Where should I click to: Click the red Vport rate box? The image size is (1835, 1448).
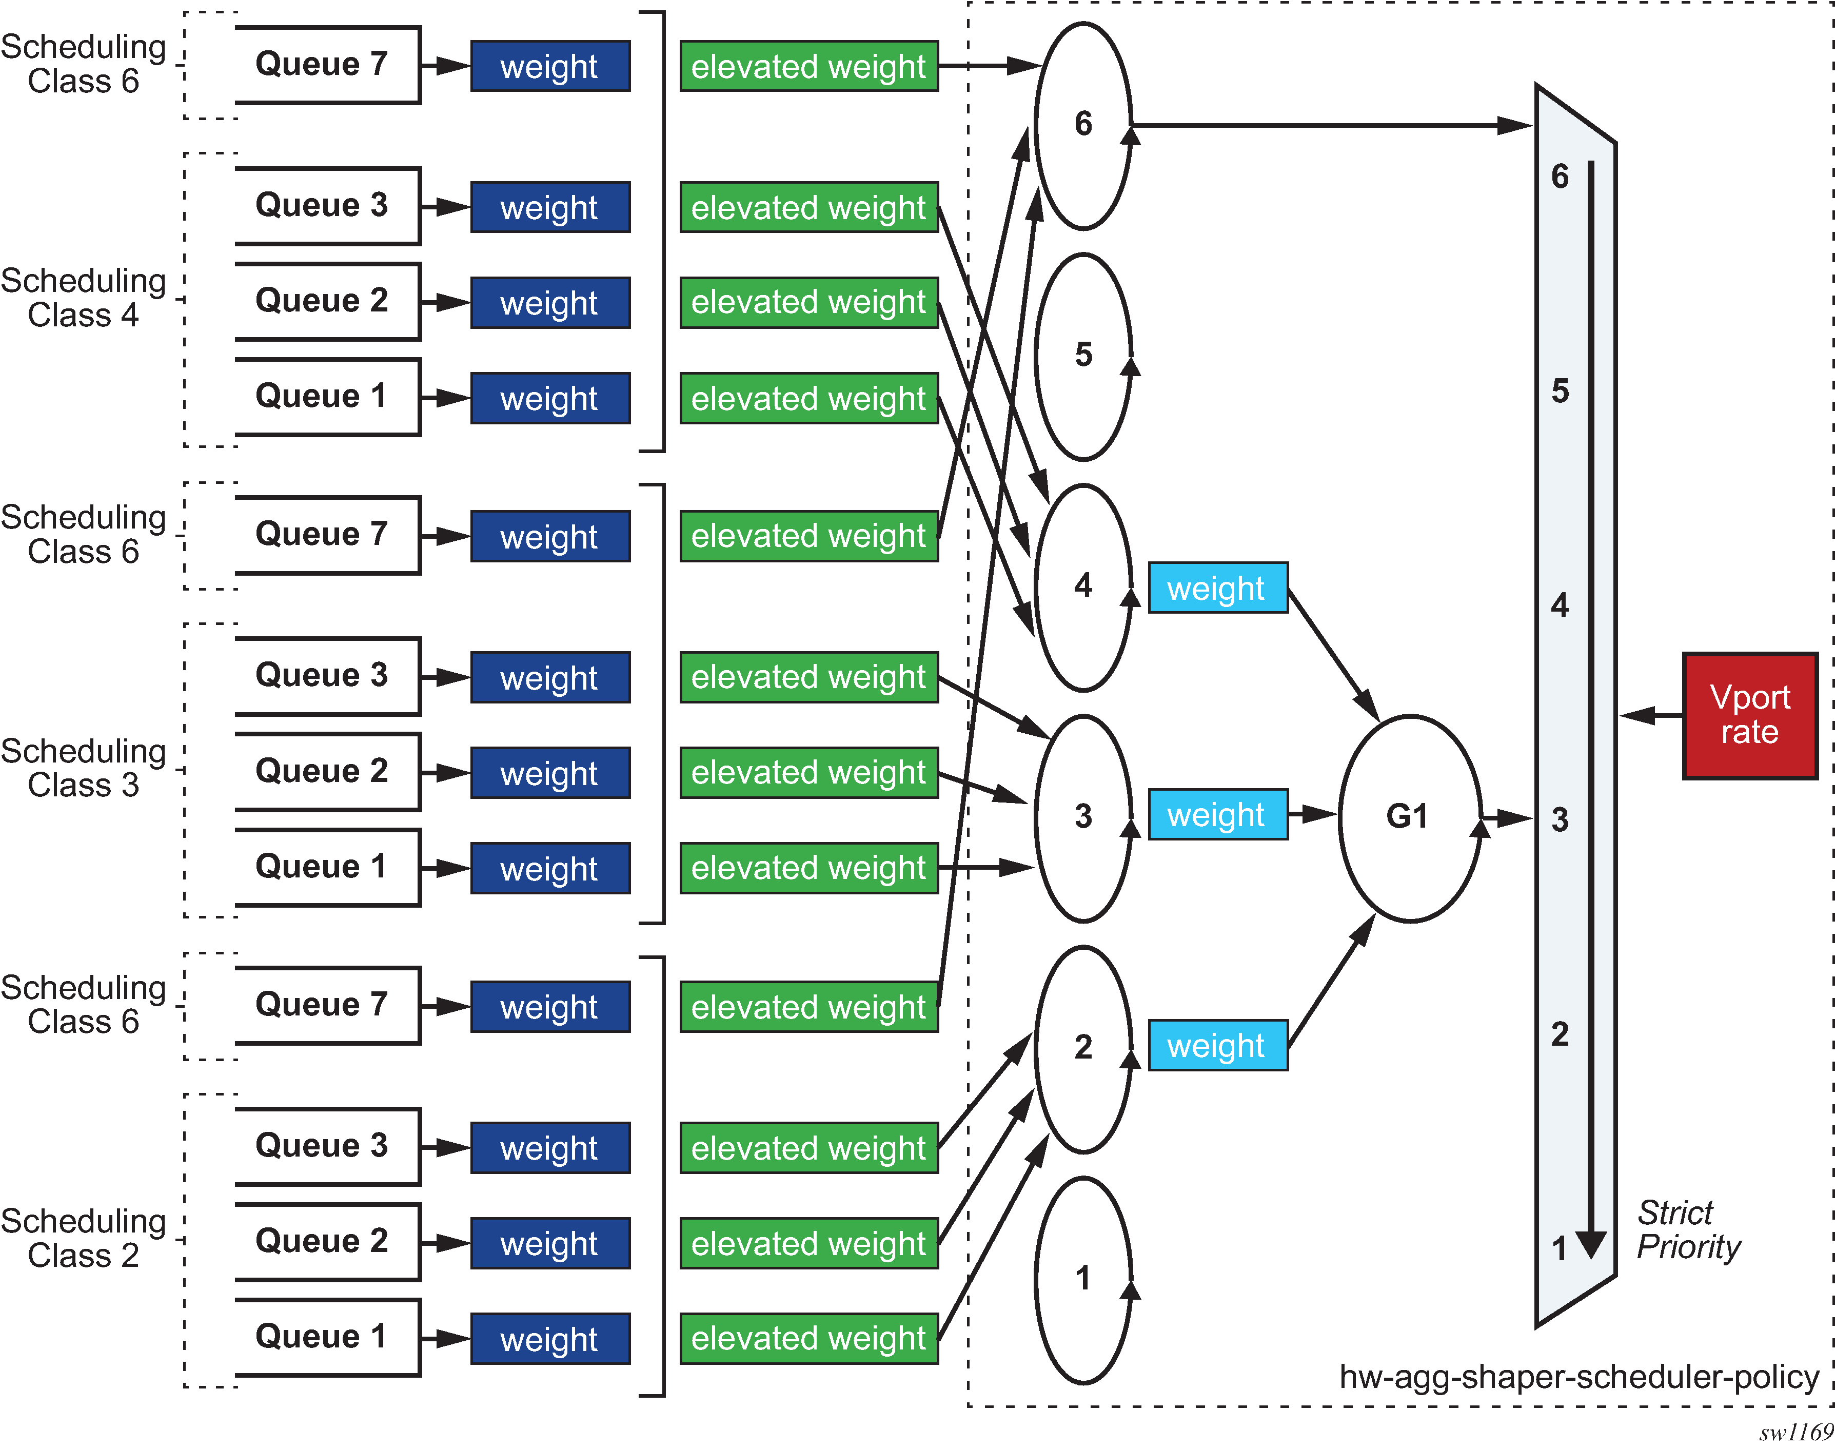pos(1749,715)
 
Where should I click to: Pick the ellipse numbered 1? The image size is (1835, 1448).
pos(1083,1279)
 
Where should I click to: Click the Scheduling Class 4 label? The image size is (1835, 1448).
pos(83,298)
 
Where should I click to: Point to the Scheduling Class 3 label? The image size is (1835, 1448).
pos(83,768)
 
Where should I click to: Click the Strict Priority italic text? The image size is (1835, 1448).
pos(1687,1229)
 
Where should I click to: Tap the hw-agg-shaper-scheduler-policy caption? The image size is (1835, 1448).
pos(1578,1377)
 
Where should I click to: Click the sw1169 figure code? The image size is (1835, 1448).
pos(1795,1433)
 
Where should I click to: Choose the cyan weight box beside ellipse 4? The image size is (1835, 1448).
pos(1217,588)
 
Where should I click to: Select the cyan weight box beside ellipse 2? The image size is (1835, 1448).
pos(1217,1045)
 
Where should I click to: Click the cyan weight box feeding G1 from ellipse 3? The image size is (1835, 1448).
pos(1217,815)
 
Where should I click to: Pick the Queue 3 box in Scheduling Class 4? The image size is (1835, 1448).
pos(326,205)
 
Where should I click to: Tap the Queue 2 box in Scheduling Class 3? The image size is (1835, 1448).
pos(326,771)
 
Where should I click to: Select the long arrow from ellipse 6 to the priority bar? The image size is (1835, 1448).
pos(1331,126)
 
